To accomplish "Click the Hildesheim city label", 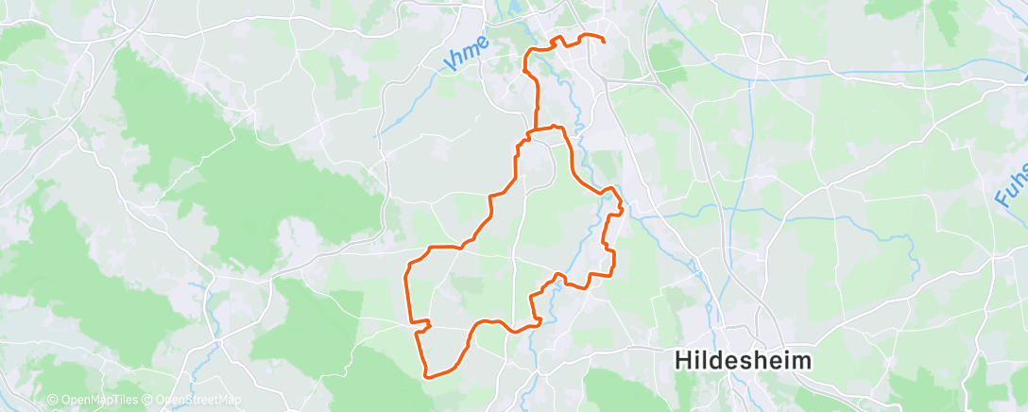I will tap(745, 360).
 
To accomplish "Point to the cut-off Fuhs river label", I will tap(1010, 185).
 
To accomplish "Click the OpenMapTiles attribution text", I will tap(96, 401).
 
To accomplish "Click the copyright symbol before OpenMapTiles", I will tap(52, 401).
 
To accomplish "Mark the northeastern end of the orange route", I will tap(604, 41).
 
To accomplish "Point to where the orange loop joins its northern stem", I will tap(537, 130).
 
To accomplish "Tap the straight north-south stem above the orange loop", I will tap(537, 99).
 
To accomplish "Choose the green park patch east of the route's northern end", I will tap(666, 58).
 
